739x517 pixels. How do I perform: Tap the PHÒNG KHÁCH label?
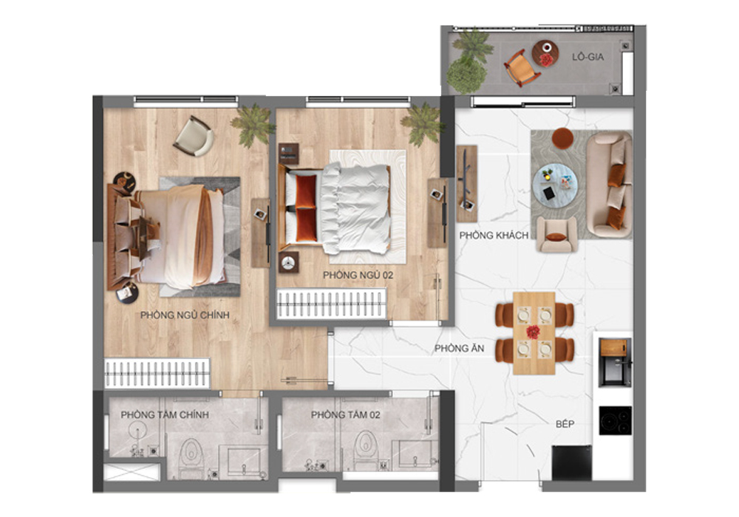pos(494,236)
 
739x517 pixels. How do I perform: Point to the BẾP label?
pos(565,425)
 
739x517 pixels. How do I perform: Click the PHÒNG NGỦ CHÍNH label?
pos(185,315)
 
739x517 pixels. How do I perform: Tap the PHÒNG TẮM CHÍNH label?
pos(164,415)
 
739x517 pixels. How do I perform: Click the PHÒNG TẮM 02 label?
pos(345,415)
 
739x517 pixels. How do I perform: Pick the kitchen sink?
pos(614,361)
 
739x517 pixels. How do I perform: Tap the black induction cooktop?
pos(615,420)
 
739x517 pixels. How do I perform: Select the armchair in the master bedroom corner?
pos(193,136)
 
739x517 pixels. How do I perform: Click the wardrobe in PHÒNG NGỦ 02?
pos(332,304)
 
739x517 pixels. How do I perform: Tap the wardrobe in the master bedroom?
pos(157,373)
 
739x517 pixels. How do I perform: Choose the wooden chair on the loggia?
pos(522,68)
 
